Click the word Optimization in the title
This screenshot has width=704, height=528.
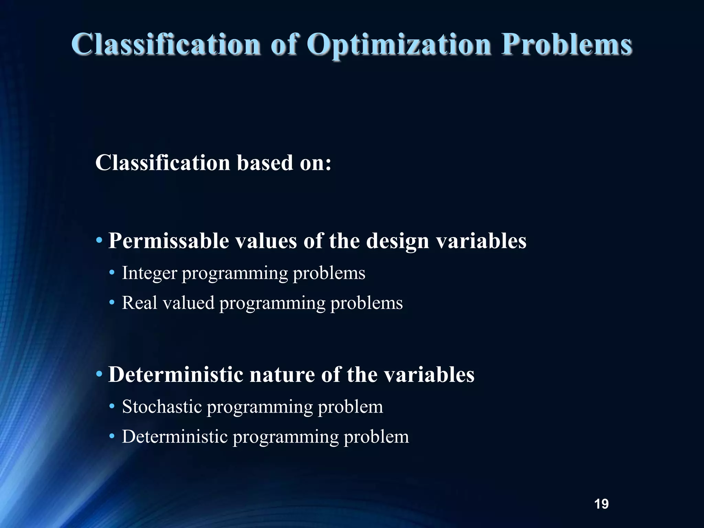click(399, 45)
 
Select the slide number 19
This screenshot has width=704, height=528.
click(601, 504)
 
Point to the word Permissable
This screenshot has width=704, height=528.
click(168, 241)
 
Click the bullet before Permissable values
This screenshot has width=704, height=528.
click(99, 240)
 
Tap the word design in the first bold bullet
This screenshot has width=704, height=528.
click(397, 241)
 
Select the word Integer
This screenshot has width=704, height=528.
click(149, 274)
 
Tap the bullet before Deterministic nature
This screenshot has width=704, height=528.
click(99, 374)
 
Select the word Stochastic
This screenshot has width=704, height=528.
click(162, 407)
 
